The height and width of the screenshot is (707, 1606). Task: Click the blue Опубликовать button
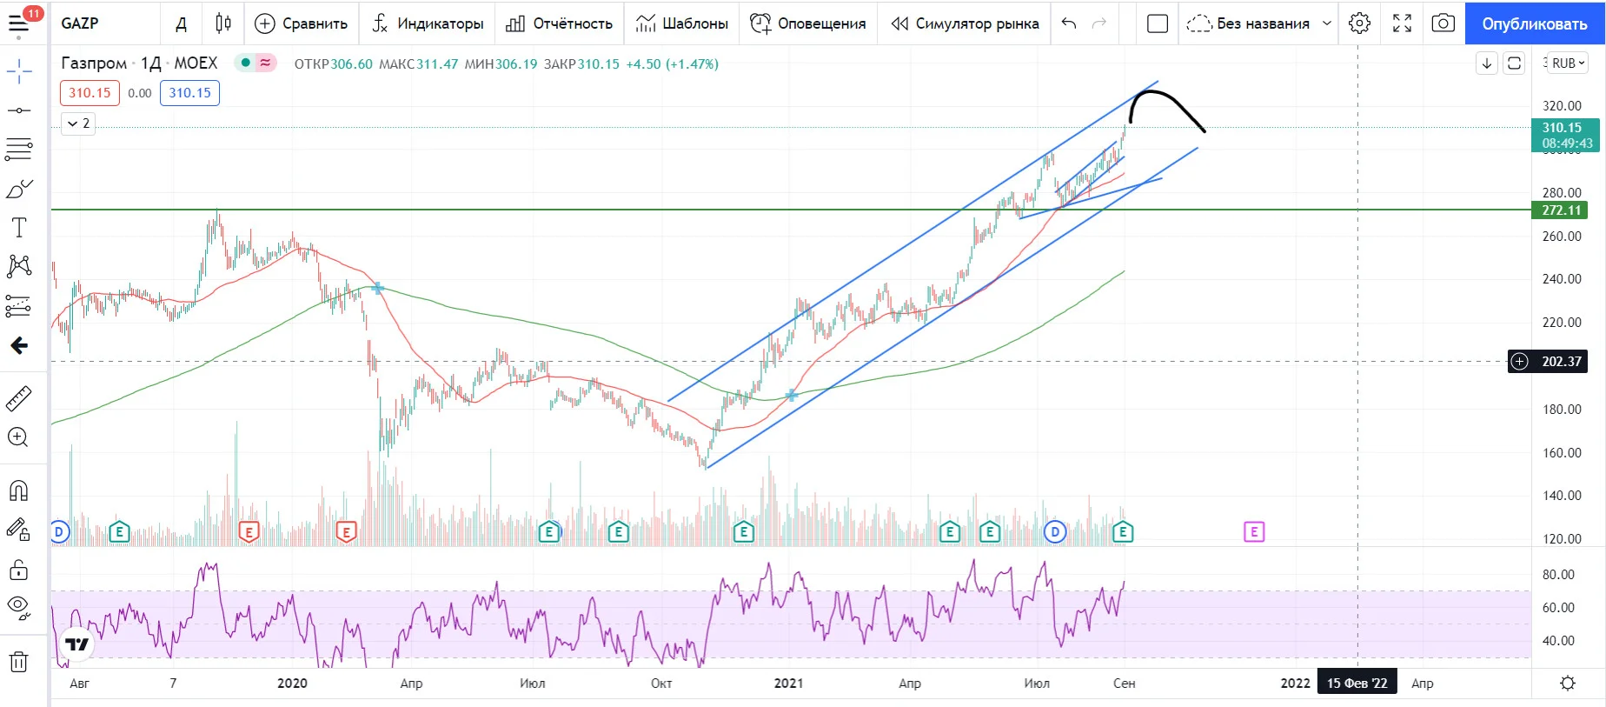pos(1535,23)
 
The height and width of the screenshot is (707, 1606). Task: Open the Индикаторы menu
pos(428,23)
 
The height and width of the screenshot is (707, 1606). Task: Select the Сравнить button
pos(301,23)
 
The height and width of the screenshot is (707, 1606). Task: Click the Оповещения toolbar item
pos(808,23)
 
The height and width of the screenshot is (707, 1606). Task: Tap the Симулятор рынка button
pos(965,23)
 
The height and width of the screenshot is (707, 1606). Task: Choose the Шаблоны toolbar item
pos(682,23)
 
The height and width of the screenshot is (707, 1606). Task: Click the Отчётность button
pos(560,23)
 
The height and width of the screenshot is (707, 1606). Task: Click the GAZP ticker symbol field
pos(80,23)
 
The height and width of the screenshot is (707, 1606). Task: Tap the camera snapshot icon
pos(1443,23)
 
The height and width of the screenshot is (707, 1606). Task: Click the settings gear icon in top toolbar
pos(1359,23)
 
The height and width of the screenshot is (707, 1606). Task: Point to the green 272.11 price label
pos(1560,210)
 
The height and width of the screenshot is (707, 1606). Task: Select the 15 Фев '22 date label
pos(1357,683)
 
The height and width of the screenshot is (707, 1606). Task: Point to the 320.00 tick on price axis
pos(1562,106)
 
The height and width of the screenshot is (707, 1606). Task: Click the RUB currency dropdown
pos(1568,63)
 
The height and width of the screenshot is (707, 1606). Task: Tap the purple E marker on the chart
pos(1253,531)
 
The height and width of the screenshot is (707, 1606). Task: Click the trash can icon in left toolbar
pos(18,662)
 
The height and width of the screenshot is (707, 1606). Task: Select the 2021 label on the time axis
pos(788,683)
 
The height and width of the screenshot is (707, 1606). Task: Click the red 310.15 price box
pos(90,93)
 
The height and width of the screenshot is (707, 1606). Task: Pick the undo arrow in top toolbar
pos(1069,23)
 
